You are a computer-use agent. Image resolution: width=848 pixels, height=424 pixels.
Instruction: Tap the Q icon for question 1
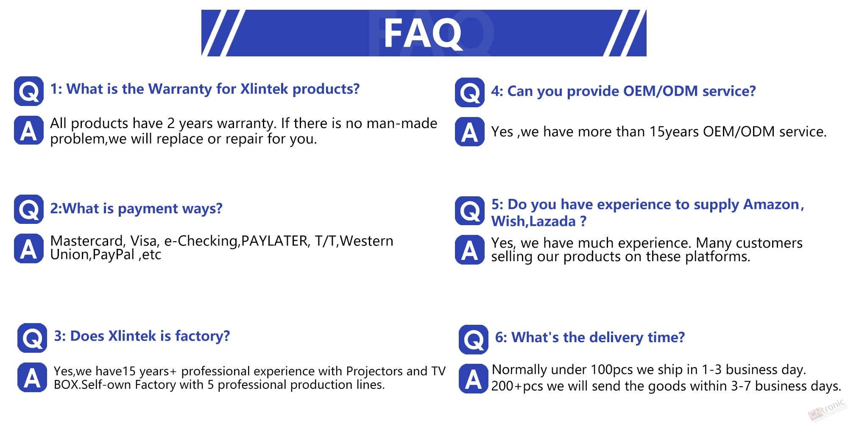pos(29,91)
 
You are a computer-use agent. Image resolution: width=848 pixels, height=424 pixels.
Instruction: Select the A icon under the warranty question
pos(29,130)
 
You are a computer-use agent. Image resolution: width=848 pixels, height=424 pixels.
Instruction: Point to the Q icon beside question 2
pos(29,209)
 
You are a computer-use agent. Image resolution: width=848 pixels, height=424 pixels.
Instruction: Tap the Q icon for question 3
pos(32,338)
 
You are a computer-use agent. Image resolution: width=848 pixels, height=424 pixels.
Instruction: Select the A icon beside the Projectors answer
pos(32,377)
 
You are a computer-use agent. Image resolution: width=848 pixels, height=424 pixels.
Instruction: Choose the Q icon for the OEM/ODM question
pos(470,92)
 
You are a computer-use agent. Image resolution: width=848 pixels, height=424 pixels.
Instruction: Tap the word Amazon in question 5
pos(771,204)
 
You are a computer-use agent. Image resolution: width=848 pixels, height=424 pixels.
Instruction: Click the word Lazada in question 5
pos(552,221)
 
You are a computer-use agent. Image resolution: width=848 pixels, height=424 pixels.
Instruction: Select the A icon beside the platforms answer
pos(470,250)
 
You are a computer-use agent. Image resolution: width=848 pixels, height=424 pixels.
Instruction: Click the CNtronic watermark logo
pos(827,410)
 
